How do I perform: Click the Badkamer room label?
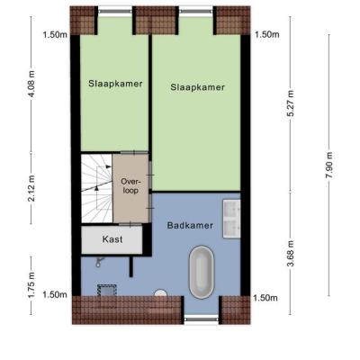(190, 225)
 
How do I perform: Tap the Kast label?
(112, 239)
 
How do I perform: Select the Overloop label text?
(130, 186)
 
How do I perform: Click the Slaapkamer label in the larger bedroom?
(197, 87)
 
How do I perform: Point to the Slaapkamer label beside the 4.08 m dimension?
(115, 84)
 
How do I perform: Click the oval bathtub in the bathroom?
(202, 272)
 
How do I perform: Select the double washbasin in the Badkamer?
(231, 219)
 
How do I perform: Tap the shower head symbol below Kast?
(99, 262)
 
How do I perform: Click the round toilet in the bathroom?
(160, 292)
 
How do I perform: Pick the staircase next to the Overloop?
(96, 188)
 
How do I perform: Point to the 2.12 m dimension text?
(31, 187)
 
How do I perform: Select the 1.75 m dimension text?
(31, 284)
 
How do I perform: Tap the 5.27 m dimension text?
(291, 103)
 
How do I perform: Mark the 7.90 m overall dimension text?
(329, 166)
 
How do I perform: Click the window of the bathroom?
(201, 319)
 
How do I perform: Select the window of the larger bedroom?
(196, 11)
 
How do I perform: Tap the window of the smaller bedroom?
(115, 11)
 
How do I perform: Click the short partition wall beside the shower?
(130, 266)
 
